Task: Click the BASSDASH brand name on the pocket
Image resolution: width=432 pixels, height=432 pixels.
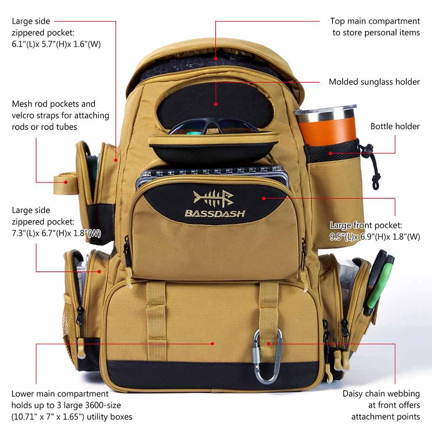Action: point(215,213)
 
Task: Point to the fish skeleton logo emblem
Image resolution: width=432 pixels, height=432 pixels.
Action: point(213,197)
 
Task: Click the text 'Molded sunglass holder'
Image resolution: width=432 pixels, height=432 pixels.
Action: point(374,82)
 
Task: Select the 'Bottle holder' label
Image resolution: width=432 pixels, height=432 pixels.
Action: point(395,126)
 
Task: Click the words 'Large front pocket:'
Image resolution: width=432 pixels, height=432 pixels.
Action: point(366,225)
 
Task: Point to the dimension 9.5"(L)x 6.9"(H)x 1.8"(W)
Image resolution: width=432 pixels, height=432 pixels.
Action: point(375,237)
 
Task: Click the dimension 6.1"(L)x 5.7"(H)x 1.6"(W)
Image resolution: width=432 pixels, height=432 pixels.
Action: point(56,44)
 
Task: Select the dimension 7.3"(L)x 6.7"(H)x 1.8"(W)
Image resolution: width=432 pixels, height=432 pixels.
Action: point(56,233)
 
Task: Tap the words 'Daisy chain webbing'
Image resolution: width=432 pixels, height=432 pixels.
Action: point(381,394)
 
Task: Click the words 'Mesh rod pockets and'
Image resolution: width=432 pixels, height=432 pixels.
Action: point(54,104)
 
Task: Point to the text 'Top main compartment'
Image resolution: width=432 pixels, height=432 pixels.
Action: point(375,21)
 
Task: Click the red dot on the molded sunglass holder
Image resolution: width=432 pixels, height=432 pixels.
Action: point(216,103)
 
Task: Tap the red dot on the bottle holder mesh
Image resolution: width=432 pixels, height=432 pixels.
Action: point(330,154)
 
